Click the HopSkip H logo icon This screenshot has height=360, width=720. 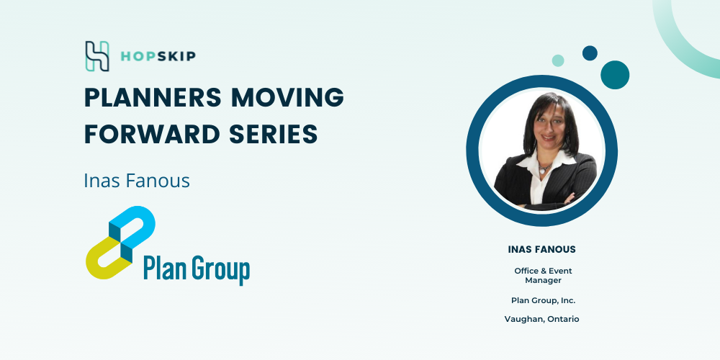point(97,56)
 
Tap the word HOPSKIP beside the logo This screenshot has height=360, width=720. point(158,56)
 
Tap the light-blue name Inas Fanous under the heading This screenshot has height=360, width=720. point(137,181)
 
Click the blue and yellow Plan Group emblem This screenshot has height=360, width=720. point(120,243)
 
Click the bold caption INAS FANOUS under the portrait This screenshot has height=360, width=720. point(542,250)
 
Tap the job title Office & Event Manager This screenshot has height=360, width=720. point(543,276)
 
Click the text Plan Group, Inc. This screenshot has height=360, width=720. point(543,301)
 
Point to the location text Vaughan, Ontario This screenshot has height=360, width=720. point(542,319)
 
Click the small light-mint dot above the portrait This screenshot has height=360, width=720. point(558,60)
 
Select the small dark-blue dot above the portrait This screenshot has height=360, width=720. point(590,53)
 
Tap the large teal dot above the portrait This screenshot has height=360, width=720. point(615,75)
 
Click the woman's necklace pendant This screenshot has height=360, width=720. point(543,169)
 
